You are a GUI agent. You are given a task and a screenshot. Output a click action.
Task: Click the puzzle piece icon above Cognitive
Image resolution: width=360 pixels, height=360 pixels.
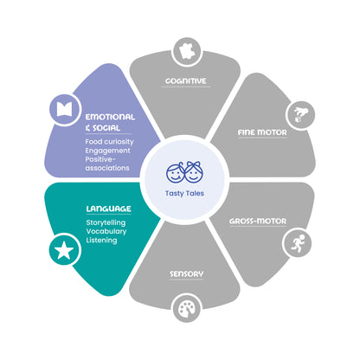[187, 52]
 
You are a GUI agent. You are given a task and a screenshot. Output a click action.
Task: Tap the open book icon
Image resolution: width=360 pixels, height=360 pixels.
[64, 110]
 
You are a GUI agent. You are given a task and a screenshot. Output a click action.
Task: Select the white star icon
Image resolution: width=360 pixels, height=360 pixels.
[64, 250]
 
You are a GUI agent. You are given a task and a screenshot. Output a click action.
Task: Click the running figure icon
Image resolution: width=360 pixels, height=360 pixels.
[297, 243]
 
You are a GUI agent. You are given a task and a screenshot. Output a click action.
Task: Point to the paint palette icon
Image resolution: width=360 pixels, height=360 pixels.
[187, 308]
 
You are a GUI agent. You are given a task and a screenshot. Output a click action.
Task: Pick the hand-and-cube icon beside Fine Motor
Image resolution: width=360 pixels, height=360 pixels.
[300, 115]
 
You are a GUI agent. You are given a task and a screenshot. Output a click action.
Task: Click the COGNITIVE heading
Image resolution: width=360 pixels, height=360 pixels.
[186, 80]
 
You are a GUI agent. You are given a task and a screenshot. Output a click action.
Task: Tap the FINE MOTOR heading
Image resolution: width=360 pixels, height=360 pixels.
[262, 132]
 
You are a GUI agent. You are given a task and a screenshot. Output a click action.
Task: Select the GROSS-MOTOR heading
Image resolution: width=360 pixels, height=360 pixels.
[258, 222]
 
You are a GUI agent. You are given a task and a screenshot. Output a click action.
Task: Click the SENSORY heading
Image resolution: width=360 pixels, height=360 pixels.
[186, 273]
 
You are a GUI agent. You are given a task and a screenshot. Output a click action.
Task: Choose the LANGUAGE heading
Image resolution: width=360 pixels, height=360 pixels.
[108, 209]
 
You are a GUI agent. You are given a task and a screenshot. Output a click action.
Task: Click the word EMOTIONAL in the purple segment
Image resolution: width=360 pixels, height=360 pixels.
[110, 117]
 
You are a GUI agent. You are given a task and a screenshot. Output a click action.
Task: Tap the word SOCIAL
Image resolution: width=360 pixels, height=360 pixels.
[106, 128]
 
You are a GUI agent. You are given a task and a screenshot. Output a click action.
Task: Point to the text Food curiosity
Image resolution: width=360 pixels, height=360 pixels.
[110, 142]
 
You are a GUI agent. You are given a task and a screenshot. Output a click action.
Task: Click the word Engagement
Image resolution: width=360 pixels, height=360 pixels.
[107, 151]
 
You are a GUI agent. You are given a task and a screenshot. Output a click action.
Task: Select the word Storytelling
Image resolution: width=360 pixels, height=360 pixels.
[106, 222]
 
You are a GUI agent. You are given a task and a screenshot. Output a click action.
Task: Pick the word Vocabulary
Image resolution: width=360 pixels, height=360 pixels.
[106, 231]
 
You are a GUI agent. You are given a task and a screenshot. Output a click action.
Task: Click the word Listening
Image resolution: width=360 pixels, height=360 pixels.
[101, 241]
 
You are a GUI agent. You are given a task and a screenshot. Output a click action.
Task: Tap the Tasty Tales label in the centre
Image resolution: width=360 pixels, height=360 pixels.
[184, 193]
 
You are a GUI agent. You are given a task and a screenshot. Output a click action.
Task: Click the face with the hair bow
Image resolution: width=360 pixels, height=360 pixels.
[194, 172]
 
